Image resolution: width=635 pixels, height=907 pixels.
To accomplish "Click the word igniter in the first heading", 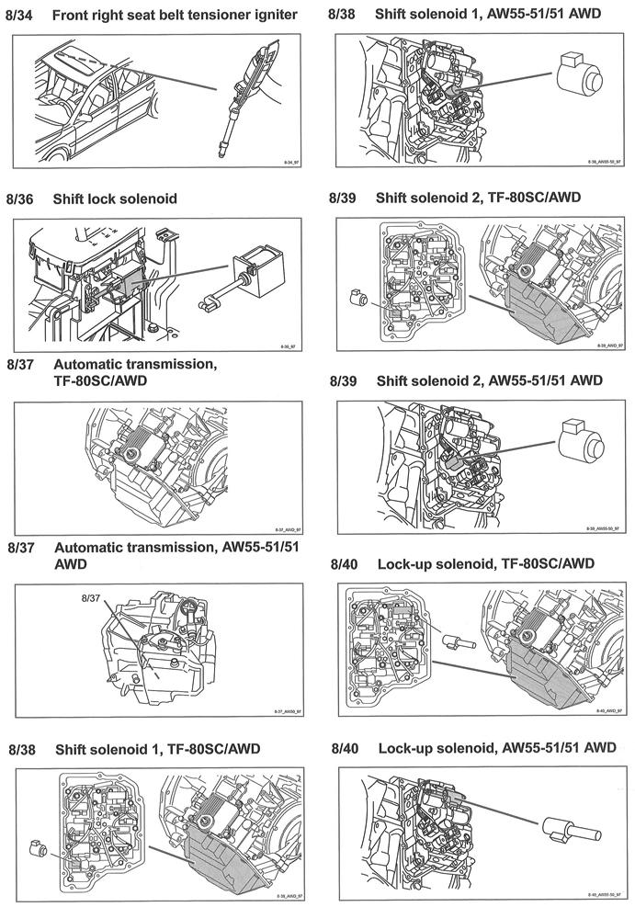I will point(273,16).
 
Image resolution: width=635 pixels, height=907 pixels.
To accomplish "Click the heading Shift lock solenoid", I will point(115,198).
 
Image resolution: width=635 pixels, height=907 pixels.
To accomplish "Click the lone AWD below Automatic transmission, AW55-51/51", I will point(70,562).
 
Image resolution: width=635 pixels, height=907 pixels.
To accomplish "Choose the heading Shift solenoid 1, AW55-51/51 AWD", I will point(489,16).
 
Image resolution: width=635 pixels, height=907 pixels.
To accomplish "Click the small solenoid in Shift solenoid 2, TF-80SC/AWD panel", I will point(358,297).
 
